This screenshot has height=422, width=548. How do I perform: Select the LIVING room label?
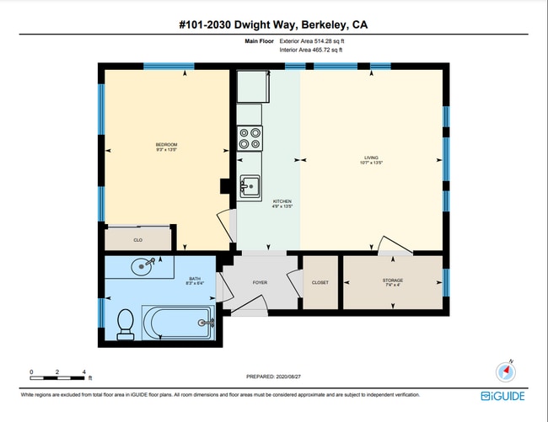[372, 159]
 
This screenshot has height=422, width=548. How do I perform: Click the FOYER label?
[260, 282]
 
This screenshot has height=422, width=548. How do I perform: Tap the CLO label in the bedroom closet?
[137, 240]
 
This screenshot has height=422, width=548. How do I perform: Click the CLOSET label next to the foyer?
[320, 282]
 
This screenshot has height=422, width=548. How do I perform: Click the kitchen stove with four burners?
[250, 138]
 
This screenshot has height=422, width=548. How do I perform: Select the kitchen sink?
[250, 186]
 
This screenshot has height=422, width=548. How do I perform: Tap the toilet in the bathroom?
[126, 323]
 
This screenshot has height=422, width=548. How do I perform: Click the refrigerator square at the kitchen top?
[250, 86]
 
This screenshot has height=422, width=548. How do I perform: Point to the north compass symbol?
[506, 371]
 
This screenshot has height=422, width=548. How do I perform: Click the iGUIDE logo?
[504, 396]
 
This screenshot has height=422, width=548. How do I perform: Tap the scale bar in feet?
[58, 372]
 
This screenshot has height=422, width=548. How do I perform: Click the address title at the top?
[273, 24]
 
